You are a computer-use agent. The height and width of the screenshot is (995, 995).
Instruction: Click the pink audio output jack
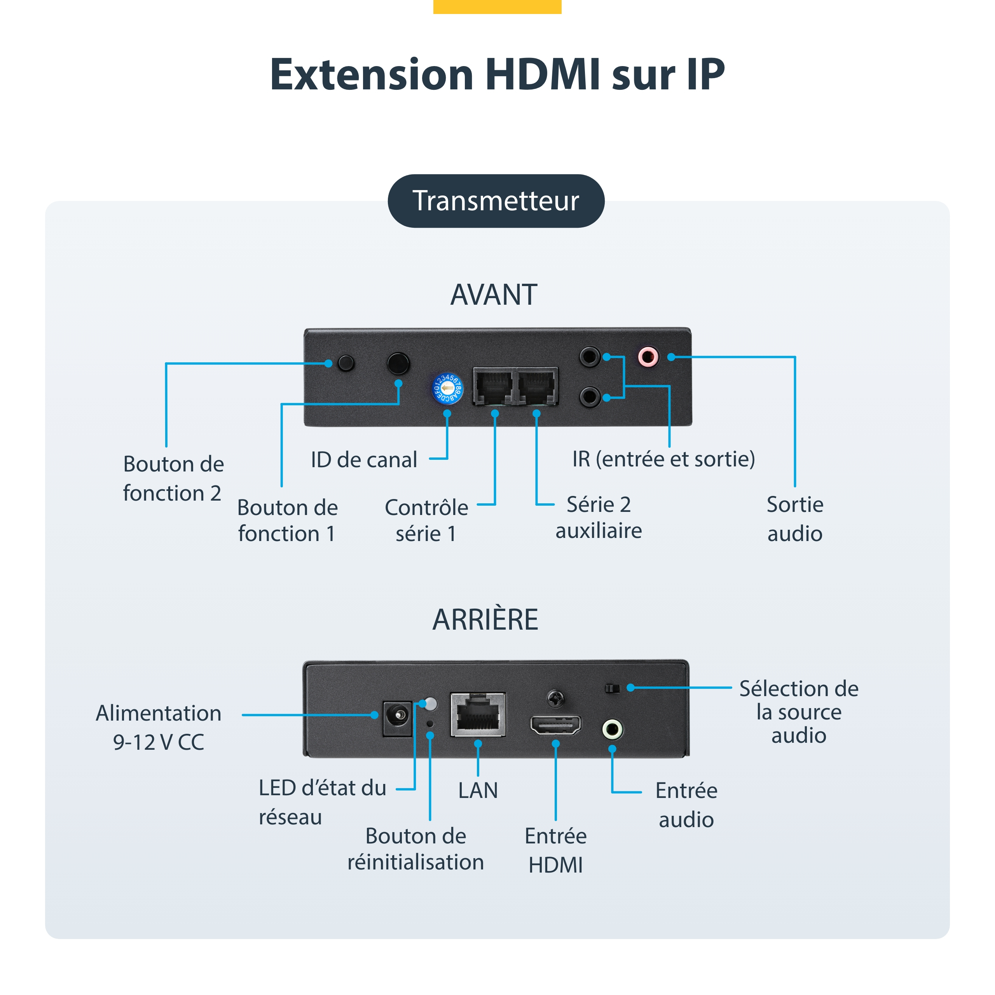click(x=648, y=356)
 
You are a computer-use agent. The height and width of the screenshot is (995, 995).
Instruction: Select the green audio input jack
click(x=612, y=729)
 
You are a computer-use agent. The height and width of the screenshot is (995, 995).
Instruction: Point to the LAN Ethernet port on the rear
click(x=478, y=714)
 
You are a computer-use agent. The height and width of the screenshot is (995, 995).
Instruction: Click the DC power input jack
click(x=398, y=718)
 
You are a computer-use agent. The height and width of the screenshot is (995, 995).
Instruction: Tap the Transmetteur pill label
click(x=496, y=201)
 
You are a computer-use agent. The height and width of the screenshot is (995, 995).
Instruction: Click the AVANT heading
click(x=494, y=295)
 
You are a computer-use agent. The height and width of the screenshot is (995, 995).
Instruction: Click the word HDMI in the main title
click(x=542, y=75)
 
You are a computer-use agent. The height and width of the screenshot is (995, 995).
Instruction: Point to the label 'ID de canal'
click(x=363, y=459)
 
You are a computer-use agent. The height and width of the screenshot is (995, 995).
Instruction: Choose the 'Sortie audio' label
click(x=795, y=518)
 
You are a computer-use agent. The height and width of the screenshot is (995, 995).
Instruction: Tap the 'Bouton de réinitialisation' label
click(x=415, y=849)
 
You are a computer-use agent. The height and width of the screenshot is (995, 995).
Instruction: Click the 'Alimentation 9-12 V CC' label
click(x=159, y=727)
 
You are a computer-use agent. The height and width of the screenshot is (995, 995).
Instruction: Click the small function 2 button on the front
click(x=346, y=363)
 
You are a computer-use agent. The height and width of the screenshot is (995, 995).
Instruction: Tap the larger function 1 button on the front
click(x=398, y=363)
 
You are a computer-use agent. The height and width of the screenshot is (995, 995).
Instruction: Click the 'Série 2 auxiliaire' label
click(x=599, y=518)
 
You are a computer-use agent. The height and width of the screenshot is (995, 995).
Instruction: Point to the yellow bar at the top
click(x=497, y=7)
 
